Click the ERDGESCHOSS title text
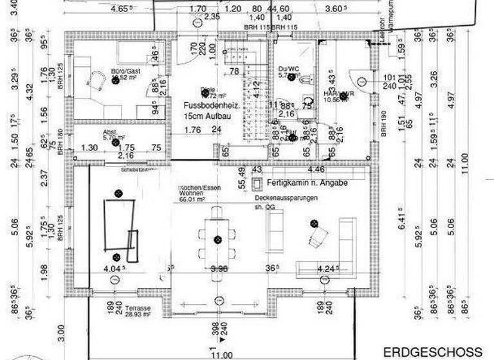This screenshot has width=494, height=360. (x=432, y=352)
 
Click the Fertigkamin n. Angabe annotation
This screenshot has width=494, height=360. (x=306, y=183)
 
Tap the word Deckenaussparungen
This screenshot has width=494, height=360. (x=286, y=199)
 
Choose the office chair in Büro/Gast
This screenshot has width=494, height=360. (x=96, y=81)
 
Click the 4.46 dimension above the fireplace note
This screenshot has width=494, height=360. (x=316, y=170)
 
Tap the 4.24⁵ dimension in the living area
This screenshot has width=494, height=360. (x=326, y=268)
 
